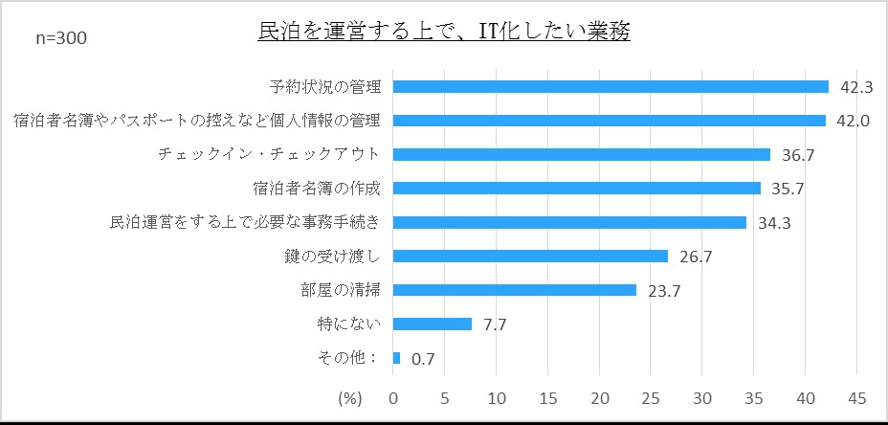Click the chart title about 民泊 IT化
(444, 32)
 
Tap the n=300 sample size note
(61, 38)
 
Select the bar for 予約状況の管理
(610, 87)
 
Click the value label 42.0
(853, 121)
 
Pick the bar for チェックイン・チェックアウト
(582, 154)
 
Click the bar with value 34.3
(569, 222)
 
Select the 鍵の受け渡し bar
(530, 256)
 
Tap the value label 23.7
(664, 290)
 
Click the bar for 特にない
(433, 324)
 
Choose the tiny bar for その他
(396, 358)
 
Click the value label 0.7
(422, 360)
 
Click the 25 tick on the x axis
(652, 396)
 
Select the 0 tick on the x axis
(393, 396)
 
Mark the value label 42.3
(855, 87)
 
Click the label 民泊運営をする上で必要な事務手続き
(246, 222)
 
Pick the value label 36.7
(797, 155)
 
